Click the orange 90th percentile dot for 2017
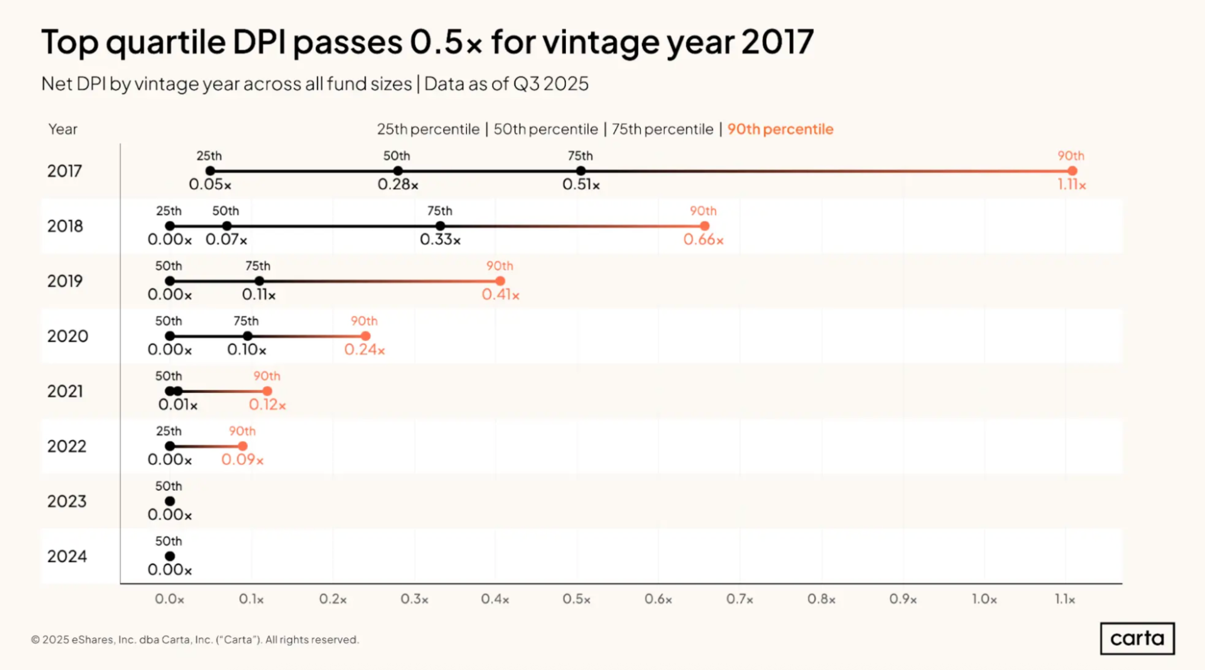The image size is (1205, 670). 1072,171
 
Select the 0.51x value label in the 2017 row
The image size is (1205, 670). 580,184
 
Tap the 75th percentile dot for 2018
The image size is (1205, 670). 440,226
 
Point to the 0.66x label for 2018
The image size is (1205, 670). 703,240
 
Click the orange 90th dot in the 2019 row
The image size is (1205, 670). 500,281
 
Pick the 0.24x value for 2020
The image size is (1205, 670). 364,349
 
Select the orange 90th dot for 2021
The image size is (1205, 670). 267,391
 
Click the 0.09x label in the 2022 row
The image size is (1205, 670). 242,460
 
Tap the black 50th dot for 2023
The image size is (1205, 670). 170,501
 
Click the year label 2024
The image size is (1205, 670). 67,556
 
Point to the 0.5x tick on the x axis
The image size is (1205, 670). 576,600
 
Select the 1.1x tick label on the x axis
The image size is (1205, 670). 1065,600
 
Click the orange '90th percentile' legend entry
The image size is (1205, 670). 780,129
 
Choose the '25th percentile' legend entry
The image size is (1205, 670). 428,129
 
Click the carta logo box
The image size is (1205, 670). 1137,638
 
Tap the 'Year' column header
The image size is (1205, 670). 63,129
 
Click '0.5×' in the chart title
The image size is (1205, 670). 446,42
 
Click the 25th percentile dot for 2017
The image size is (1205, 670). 210,171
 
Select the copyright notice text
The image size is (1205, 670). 195,639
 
